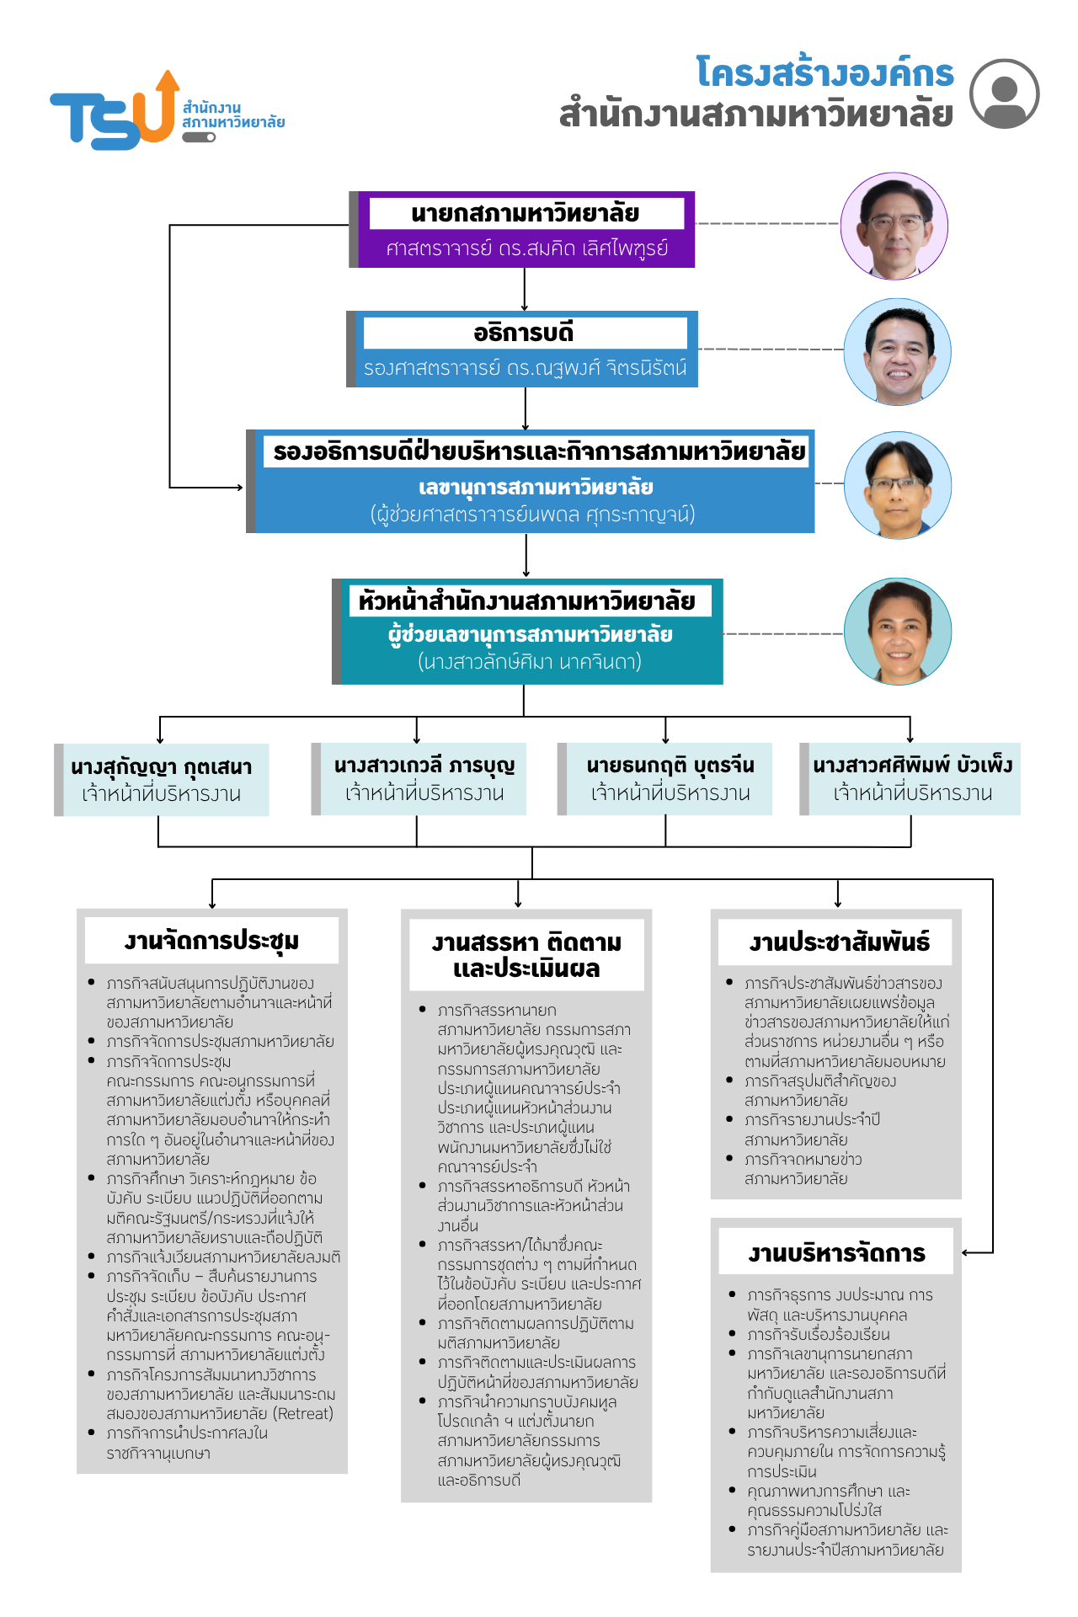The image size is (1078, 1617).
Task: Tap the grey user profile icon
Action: [1004, 93]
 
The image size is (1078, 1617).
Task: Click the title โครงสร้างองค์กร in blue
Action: [825, 72]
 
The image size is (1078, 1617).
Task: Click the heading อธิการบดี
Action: [524, 333]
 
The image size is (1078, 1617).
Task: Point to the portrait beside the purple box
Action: [894, 226]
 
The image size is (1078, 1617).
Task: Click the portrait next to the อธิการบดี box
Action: [897, 351]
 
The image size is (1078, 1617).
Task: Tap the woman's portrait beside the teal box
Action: [898, 631]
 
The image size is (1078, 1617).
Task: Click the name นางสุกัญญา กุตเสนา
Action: [162, 767]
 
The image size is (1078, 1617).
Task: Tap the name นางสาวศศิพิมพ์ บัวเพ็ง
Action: [913, 766]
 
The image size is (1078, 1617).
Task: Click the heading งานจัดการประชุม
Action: [211, 941]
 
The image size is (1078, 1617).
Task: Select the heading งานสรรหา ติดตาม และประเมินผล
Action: [526, 955]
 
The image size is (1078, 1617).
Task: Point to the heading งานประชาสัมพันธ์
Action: [839, 942]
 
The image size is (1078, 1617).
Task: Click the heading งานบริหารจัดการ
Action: [836, 1253]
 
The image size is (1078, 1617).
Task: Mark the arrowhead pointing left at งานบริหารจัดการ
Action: [967, 1252]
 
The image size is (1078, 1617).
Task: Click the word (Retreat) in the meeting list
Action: [304, 1413]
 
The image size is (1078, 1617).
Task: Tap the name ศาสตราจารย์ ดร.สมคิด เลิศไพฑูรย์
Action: [527, 248]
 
